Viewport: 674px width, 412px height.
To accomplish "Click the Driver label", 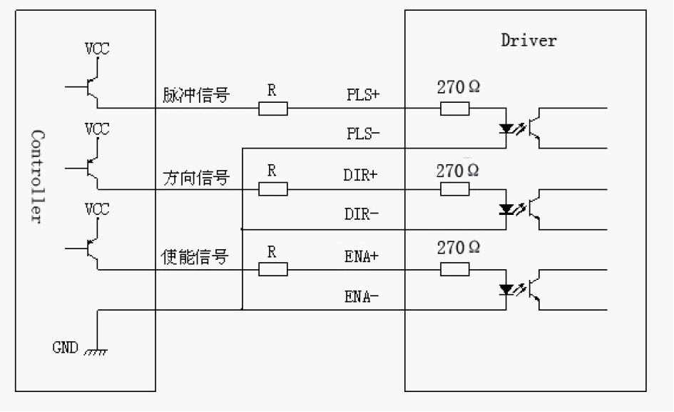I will [529, 40].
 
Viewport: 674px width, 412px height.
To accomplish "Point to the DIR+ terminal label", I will [361, 175].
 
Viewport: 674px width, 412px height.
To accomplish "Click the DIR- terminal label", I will [361, 214].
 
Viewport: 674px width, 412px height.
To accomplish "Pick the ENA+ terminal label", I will [361, 256].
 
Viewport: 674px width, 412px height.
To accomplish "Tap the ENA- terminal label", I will [361, 296].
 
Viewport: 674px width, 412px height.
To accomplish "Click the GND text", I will [65, 348].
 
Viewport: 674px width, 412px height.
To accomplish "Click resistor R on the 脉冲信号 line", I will [272, 109].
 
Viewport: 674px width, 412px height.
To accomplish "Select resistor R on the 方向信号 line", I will [272, 189].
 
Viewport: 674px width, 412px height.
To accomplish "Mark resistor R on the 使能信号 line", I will [272, 269].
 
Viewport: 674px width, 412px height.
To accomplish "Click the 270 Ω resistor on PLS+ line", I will [454, 109].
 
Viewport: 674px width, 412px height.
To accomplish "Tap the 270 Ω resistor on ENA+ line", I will [454, 269].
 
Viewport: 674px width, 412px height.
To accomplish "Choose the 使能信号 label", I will [195, 257].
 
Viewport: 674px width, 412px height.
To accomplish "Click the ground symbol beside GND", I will [96, 352].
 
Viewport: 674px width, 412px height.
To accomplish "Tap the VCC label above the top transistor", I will [98, 49].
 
